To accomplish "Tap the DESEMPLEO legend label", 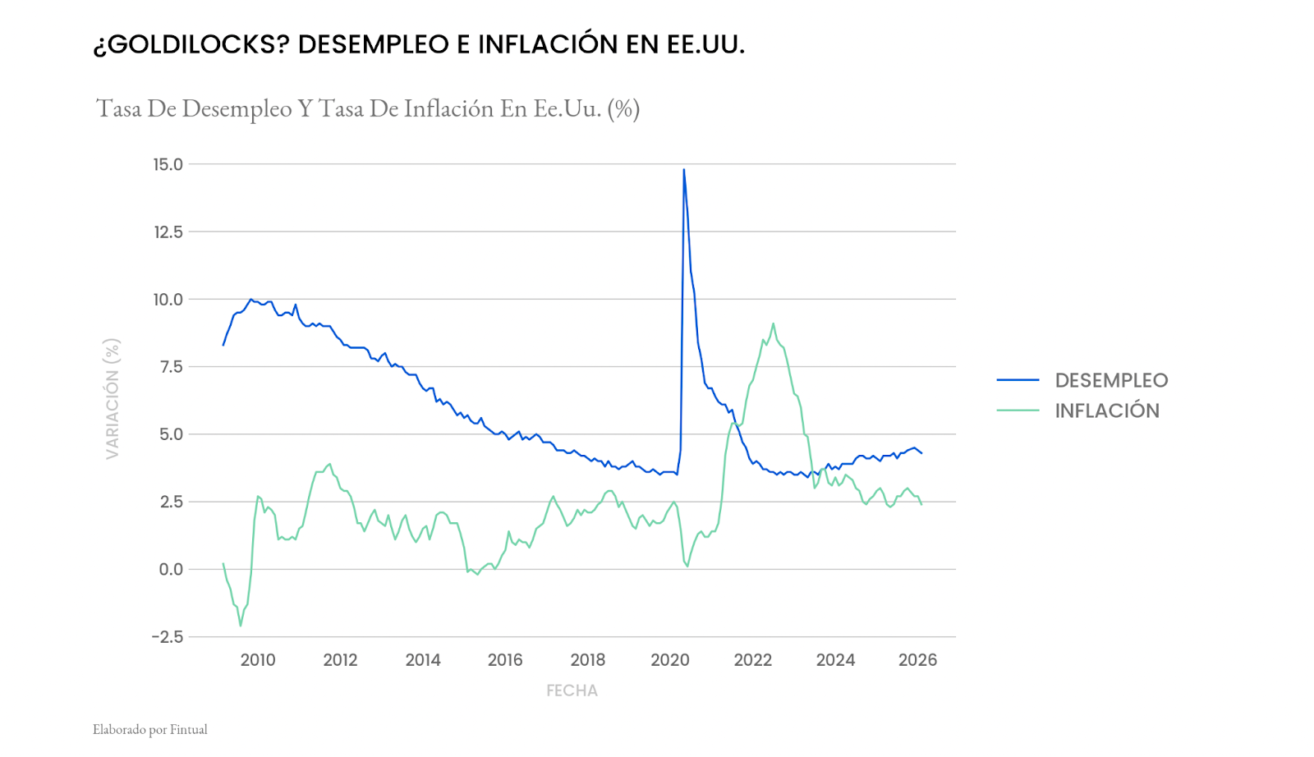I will pyautogui.click(x=1111, y=380).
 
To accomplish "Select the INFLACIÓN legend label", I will pyautogui.click(x=1107, y=411).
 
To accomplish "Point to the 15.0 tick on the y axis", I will pyautogui.click(x=168, y=164).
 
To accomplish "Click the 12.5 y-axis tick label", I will pyautogui.click(x=168, y=232).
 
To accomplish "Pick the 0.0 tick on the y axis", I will pyautogui.click(x=171, y=569).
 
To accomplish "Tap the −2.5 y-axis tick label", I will pyautogui.click(x=167, y=637).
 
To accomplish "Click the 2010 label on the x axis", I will pyautogui.click(x=258, y=660).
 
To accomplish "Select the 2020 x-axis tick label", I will pyautogui.click(x=670, y=660).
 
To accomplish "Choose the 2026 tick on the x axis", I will pyautogui.click(x=917, y=660).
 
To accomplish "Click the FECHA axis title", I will pyautogui.click(x=572, y=691).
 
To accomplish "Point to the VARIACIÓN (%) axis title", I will pyautogui.click(x=113, y=398).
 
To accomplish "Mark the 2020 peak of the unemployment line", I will pyautogui.click(x=684, y=170).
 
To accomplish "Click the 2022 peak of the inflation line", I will pyautogui.click(x=773, y=323).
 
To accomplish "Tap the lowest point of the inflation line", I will pyautogui.click(x=241, y=626).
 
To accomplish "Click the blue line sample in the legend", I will pyautogui.click(x=1018, y=380).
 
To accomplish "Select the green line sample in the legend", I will pyautogui.click(x=1018, y=411).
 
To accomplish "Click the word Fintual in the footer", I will pyautogui.click(x=189, y=729).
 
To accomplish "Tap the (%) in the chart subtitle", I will pyautogui.click(x=623, y=108).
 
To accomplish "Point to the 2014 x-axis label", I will pyautogui.click(x=423, y=660).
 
